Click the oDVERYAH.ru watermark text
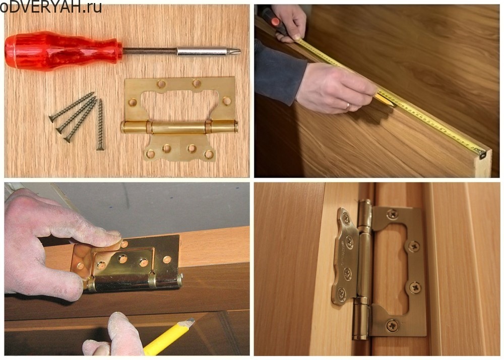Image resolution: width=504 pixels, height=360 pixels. pos(51,7)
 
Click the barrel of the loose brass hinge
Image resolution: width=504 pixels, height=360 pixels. pos(179,127)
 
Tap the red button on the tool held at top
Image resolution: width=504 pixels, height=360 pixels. pos(275,22)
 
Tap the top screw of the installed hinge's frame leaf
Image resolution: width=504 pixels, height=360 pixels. pos(393,213)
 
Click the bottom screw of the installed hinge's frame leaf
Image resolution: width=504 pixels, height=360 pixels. pos(393,326)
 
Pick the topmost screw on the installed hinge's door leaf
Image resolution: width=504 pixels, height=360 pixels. pos(346,218)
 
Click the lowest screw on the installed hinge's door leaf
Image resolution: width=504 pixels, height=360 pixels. pos(341,293)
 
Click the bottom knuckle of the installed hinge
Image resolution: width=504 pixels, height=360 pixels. pos(361,318)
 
